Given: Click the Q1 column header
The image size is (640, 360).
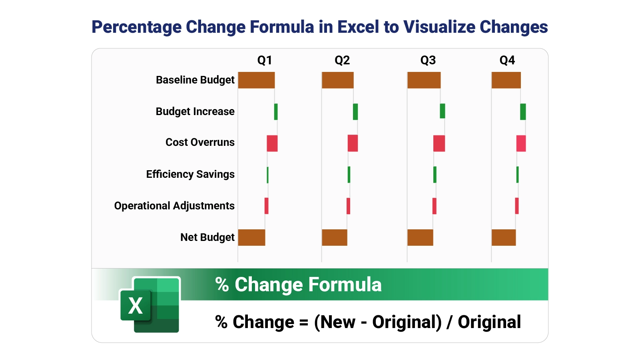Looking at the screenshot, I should click(265, 60).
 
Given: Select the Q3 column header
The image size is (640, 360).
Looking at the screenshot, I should click(428, 60).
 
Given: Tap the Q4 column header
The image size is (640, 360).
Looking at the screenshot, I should click(507, 60).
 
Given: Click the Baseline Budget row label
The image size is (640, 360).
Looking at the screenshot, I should click(195, 80).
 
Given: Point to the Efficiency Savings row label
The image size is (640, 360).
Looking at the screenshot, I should click(190, 174).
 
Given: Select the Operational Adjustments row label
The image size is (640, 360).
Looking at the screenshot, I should click(174, 206).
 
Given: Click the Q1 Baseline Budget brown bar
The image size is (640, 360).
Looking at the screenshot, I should click(256, 80).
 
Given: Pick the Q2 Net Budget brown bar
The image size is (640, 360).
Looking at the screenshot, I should click(335, 237).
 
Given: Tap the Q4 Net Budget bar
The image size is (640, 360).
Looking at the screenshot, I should click(504, 237).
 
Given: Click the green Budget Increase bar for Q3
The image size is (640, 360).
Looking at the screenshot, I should click(442, 111).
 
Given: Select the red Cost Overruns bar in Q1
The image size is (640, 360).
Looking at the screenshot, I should click(272, 143).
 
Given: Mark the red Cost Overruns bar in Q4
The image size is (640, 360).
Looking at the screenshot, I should click(521, 143).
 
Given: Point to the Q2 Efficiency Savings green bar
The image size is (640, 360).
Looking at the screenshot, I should click(349, 175).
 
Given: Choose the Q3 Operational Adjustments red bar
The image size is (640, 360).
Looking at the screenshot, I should click(435, 206).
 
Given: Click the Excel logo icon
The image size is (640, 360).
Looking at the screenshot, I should click(150, 305).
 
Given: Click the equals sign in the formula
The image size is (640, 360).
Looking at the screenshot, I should click(304, 322).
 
